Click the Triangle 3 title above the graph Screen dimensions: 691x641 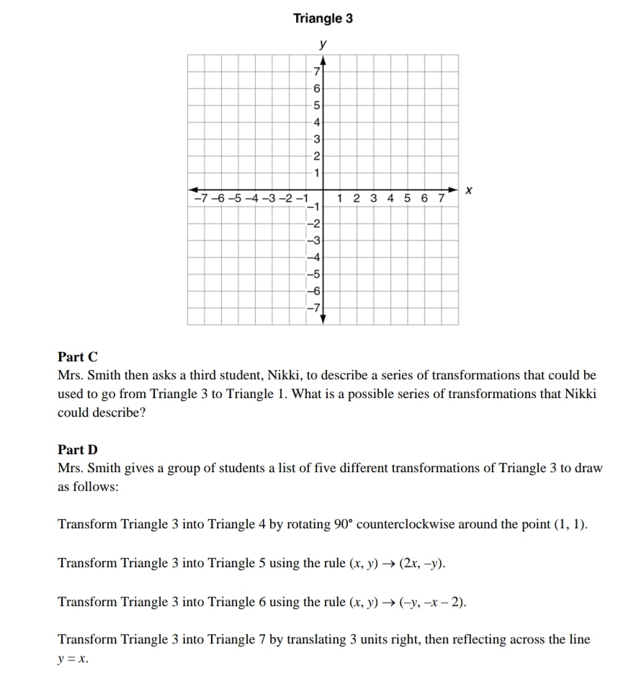point(323,19)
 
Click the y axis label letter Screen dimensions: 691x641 point(323,44)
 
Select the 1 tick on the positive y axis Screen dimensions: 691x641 point(315,173)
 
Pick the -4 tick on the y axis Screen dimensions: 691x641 point(313,258)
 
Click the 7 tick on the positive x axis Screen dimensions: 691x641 point(442,198)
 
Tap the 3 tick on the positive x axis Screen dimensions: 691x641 point(373,198)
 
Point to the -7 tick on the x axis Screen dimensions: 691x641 point(197,198)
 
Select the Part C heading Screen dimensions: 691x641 point(78,357)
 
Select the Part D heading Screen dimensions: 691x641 point(78,450)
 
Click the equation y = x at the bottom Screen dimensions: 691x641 point(73,658)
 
